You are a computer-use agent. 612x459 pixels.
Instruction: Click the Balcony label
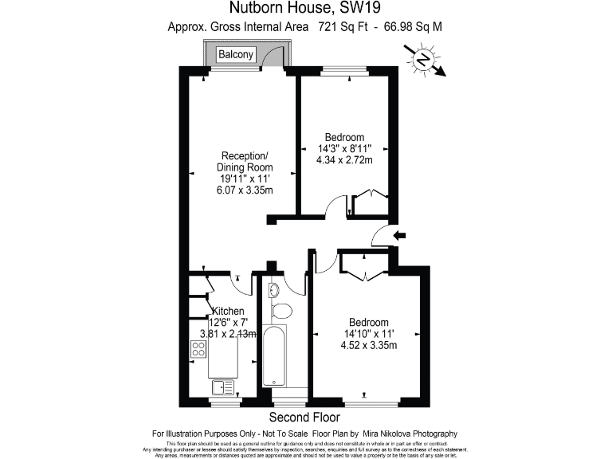(236, 54)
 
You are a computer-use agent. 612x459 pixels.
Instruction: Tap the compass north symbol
(425, 59)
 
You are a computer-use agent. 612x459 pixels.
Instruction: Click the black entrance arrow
(401, 235)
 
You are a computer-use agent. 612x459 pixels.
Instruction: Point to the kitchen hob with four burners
(198, 348)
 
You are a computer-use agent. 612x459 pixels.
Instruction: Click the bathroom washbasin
(272, 288)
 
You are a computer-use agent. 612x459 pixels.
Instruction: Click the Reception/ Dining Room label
(245, 161)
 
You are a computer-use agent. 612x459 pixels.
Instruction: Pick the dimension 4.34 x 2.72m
(344, 160)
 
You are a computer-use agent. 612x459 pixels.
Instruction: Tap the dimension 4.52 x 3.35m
(368, 345)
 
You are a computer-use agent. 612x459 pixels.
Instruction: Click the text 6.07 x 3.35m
(245, 191)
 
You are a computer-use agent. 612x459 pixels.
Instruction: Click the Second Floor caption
(304, 418)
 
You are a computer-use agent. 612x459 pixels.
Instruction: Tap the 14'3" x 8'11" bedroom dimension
(344, 148)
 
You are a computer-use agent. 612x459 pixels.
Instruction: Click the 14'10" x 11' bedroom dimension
(368, 333)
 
